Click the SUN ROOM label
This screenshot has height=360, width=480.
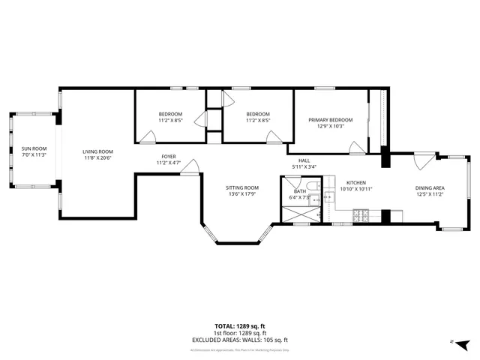33,148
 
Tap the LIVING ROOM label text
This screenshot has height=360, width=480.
97,151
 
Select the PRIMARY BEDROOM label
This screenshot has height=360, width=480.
331,120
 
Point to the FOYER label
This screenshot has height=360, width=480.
169,157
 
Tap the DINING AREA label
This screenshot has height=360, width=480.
430,187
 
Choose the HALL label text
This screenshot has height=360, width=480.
304,160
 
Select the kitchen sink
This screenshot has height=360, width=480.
328,198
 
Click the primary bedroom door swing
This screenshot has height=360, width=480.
355,147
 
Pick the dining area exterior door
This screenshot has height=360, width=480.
425,160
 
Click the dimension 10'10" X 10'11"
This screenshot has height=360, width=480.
356,188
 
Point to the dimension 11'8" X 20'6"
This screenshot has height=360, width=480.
97,157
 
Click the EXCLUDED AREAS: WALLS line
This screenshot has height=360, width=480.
239,340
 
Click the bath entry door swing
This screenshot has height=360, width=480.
292,183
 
